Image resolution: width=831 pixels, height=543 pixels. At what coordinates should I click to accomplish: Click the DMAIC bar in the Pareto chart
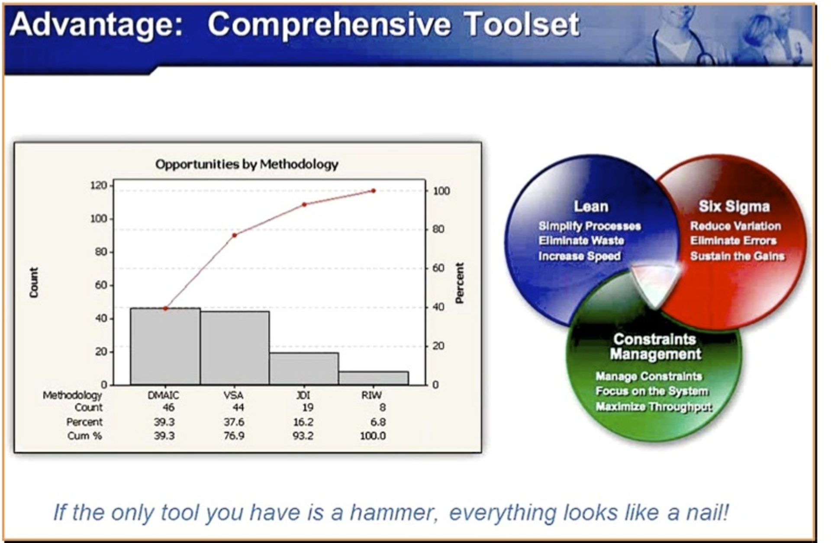point(165,346)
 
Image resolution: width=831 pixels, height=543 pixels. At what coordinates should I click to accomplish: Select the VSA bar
point(235,348)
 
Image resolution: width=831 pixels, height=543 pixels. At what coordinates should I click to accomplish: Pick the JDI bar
point(304,368)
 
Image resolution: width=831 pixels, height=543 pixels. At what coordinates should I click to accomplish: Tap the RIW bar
point(374,378)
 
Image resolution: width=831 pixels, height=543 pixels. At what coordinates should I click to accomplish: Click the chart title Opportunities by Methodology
point(247,164)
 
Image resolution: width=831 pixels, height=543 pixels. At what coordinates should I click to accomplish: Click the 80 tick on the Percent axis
point(438,229)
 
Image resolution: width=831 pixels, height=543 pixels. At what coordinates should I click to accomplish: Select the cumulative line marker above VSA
point(235,235)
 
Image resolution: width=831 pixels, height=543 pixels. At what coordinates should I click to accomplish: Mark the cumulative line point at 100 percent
point(374,191)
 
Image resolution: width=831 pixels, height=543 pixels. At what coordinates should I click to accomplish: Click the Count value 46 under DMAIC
point(168,407)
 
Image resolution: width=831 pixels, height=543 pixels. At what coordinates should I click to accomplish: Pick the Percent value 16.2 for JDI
point(303,422)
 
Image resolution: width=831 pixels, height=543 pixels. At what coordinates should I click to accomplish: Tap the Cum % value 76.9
point(234,436)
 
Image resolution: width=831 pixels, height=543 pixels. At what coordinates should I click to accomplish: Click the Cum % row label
point(84,436)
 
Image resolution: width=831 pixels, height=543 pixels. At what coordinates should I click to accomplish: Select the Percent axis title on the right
point(459,283)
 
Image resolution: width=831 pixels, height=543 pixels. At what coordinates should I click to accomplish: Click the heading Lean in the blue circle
point(591,206)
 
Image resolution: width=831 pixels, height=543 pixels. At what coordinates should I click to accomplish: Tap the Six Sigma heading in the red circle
point(734,206)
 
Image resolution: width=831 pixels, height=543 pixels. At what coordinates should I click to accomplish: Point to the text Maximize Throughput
point(654,406)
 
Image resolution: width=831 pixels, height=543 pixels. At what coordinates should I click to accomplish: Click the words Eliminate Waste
point(581,241)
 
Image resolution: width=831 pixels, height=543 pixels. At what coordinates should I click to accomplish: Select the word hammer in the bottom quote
point(392,512)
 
